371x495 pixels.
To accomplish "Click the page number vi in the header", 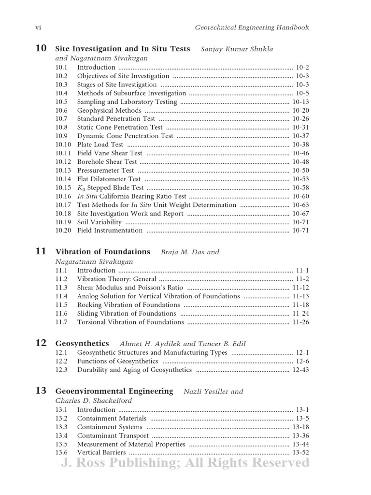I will (x=39, y=28).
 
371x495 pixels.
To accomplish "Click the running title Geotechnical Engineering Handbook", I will (x=252, y=28).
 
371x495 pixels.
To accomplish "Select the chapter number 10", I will (x=41, y=48).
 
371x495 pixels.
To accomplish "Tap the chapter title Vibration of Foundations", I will (x=103, y=252).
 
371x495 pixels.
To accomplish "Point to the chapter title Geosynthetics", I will (x=83, y=343).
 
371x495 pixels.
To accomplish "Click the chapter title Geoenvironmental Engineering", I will (x=114, y=391).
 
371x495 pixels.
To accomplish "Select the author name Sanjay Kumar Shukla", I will (x=233, y=49).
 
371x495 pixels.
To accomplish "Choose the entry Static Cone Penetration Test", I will (x=120, y=127).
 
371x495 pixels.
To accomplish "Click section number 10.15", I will (x=63, y=188).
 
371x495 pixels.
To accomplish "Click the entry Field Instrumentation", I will (x=110, y=231).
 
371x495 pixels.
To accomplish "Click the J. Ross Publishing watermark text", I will (x=185, y=463).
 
